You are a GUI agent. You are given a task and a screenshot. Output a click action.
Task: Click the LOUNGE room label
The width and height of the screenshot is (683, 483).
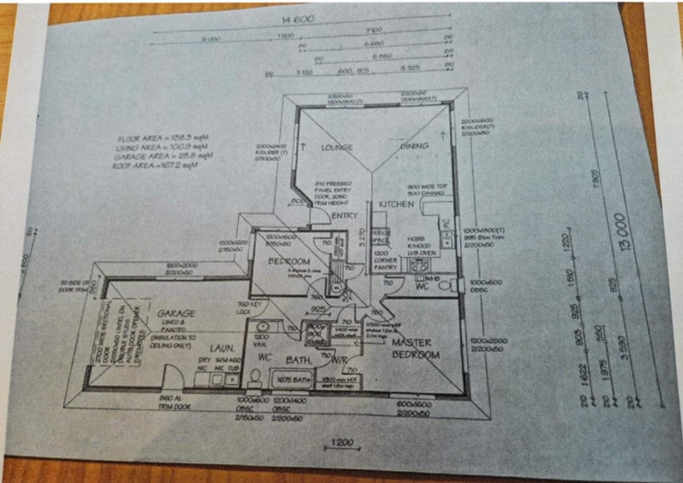[x=336, y=148]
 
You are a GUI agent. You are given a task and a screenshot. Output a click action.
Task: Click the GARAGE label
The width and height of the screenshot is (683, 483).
[x=176, y=313]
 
